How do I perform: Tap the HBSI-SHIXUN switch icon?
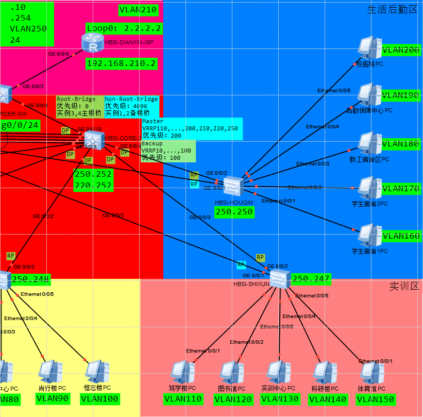click(280, 278)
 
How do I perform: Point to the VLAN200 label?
click(400, 50)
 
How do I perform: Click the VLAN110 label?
click(183, 399)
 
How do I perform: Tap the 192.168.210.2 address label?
click(121, 63)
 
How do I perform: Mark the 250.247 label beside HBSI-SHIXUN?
click(311, 279)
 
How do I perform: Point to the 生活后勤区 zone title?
click(392, 9)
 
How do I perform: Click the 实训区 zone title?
click(403, 286)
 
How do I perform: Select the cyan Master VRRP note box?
click(192, 128)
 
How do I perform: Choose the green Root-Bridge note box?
click(79, 106)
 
